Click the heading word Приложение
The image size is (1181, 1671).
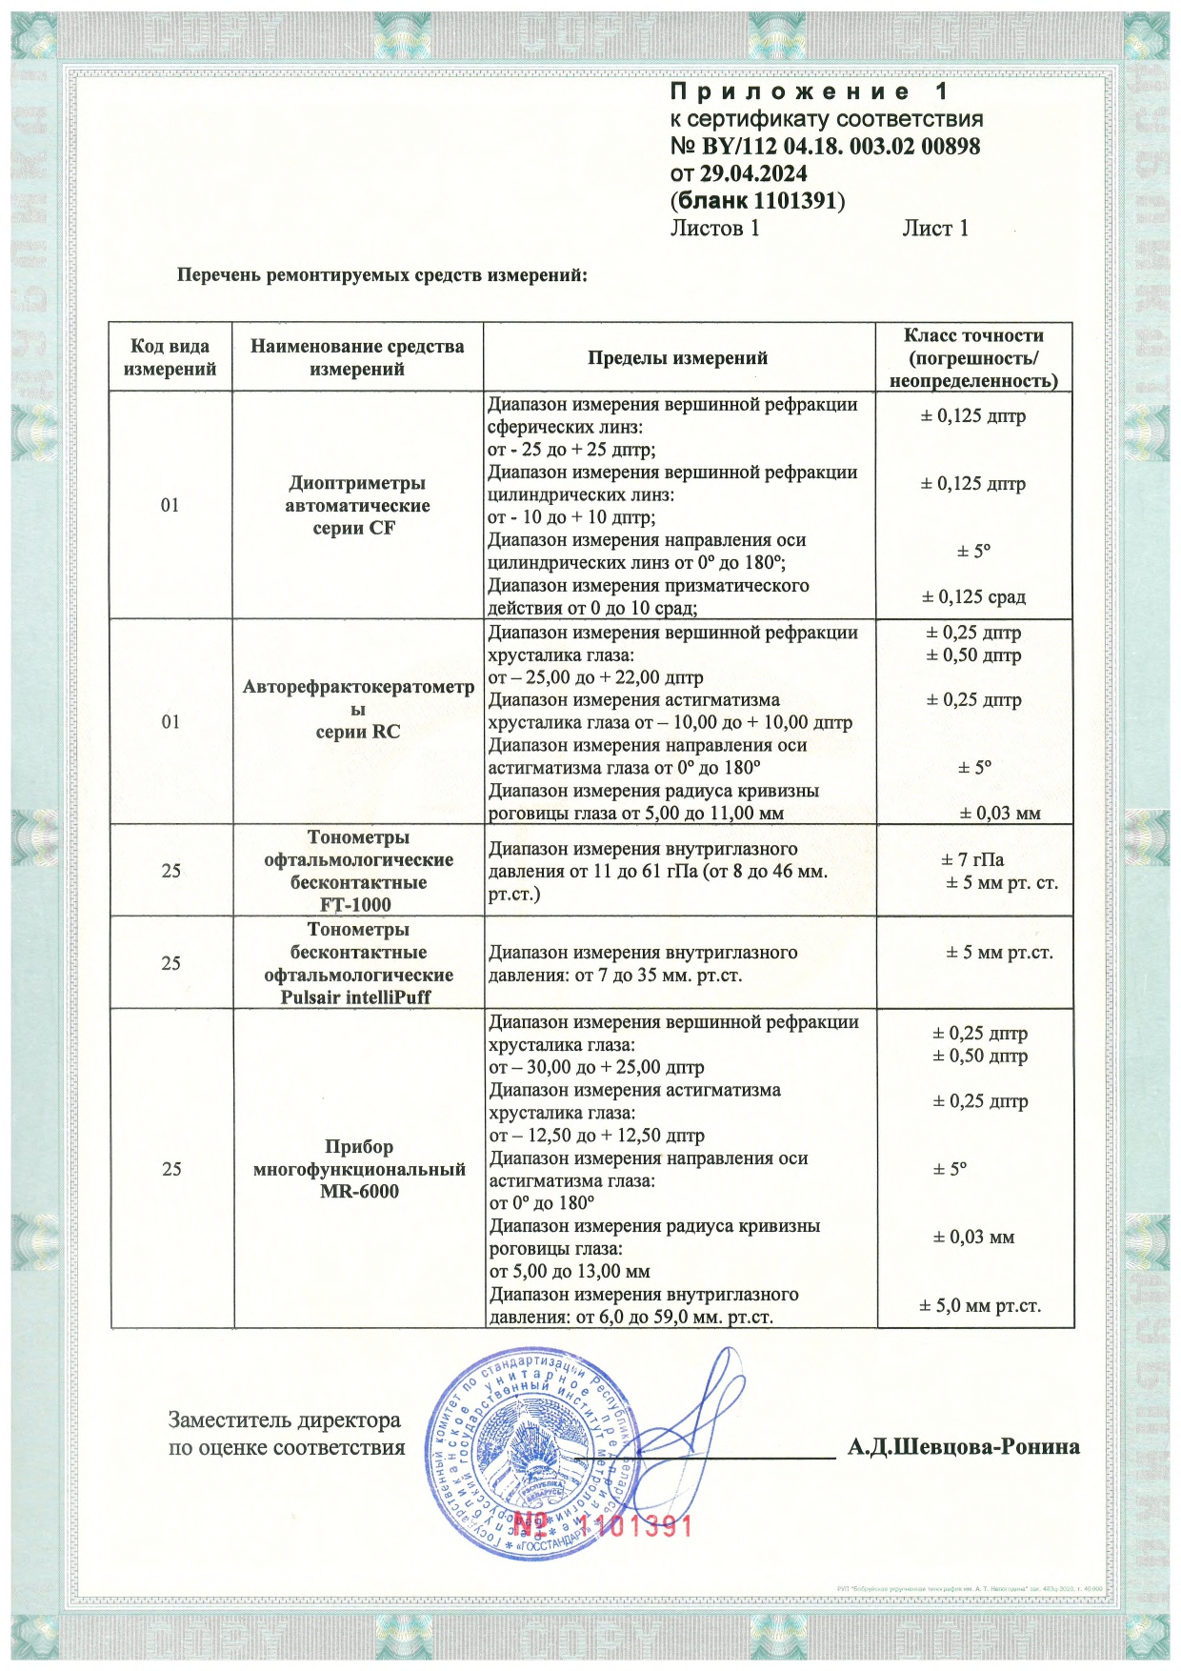click(790, 91)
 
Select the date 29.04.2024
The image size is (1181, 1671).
click(753, 173)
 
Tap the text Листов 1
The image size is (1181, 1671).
click(714, 228)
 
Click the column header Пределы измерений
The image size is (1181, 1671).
click(677, 358)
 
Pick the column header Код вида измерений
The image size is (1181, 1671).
click(170, 357)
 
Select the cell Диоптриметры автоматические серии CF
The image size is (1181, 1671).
click(357, 505)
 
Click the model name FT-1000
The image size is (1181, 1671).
click(355, 904)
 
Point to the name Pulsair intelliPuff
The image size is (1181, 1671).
click(355, 997)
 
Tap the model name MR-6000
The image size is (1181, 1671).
click(359, 1191)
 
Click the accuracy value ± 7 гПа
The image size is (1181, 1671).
click(972, 859)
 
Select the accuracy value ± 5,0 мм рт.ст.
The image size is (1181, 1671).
click(979, 1305)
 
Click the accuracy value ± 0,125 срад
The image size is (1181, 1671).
click(973, 596)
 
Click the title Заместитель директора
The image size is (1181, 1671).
click(284, 1420)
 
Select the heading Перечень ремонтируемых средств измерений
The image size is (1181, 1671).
click(382, 275)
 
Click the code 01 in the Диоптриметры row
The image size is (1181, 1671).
click(170, 505)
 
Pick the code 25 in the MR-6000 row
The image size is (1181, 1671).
click(171, 1169)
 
